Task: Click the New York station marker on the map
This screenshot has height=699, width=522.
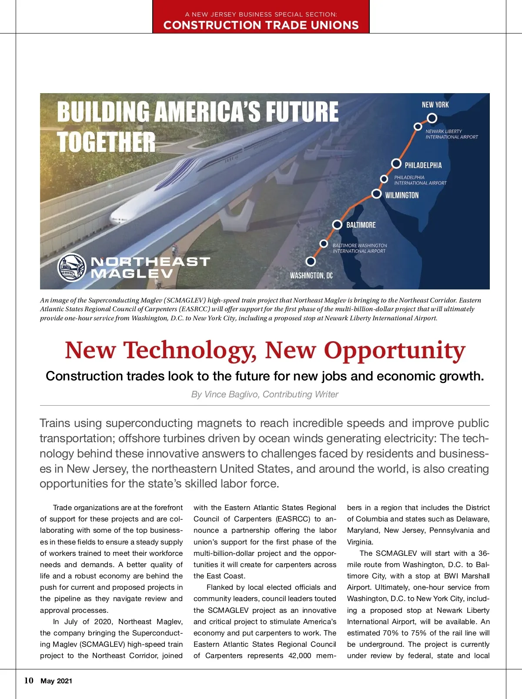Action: point(432,118)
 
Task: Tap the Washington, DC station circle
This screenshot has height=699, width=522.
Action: point(311,261)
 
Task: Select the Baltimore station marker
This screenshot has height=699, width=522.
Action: point(337,225)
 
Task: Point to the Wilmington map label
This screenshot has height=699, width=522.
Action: point(402,195)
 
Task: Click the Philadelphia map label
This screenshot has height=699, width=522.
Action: point(423,165)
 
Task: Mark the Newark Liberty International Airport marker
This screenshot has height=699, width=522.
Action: point(418,126)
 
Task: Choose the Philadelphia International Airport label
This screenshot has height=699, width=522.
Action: point(420,180)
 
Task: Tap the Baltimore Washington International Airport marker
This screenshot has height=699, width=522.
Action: point(324,243)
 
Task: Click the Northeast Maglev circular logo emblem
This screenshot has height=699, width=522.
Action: point(72,267)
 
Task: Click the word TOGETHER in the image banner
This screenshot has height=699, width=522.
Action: point(106,142)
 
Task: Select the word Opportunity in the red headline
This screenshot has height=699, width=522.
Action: point(395,350)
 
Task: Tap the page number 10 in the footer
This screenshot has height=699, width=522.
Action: point(29,681)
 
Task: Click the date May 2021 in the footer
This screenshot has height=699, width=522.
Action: point(57,681)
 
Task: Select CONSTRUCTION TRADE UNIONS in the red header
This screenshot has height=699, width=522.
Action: point(261,25)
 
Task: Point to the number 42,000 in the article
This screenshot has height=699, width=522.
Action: point(300,655)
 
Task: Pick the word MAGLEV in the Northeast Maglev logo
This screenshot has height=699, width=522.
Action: point(132,273)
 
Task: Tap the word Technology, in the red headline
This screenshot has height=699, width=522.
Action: point(191,350)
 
